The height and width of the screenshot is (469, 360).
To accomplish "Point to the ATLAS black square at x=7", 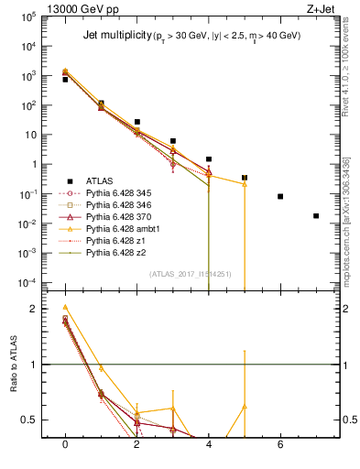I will coord(316,216).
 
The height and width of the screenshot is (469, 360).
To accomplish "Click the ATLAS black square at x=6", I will coord(280,196).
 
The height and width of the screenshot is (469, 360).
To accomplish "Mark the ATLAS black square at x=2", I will coord(137,122).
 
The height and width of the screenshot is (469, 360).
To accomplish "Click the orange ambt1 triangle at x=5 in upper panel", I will coord(245,184).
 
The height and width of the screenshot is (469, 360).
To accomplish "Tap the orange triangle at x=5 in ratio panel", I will coord(245,406).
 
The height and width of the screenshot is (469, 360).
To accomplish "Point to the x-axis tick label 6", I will coord(280,444).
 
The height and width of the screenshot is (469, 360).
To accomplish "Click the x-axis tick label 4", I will coord(209,444).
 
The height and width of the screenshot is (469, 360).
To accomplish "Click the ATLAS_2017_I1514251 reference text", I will coord(190,274).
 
